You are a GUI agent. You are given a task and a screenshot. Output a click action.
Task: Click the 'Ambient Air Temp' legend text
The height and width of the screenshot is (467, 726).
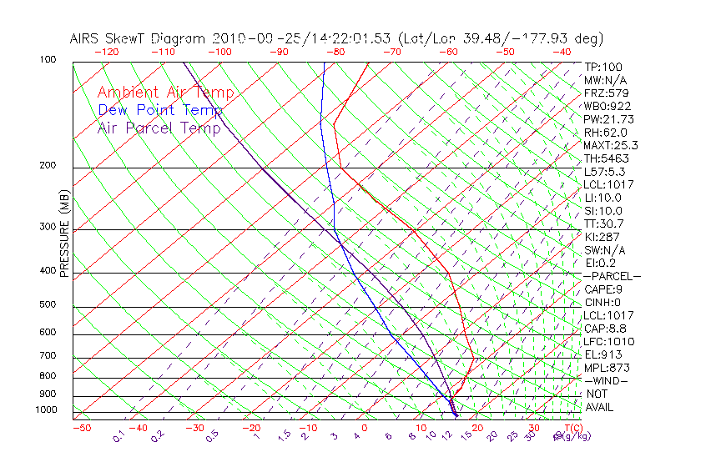[165, 93]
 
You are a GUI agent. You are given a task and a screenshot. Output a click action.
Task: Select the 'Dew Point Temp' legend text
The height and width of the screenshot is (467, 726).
[160, 110]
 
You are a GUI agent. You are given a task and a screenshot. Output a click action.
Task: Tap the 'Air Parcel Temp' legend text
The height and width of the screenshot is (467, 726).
[159, 128]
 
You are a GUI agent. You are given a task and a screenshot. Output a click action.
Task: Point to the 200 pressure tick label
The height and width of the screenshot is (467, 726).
[48, 166]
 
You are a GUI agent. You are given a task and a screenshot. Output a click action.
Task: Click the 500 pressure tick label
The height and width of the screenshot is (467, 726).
[48, 305]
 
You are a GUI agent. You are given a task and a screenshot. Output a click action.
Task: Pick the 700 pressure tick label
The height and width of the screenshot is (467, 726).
[48, 356]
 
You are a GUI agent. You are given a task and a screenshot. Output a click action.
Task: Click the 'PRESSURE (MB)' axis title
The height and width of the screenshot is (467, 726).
[64, 233]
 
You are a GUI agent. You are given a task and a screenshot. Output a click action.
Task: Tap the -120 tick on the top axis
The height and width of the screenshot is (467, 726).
[106, 51]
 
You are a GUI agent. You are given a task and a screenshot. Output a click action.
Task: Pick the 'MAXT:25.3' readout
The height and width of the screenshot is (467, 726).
[610, 145]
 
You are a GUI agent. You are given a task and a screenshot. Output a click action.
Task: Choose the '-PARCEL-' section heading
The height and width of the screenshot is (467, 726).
[612, 276]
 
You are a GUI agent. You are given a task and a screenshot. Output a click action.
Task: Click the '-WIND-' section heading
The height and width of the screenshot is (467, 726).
[606, 380]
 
